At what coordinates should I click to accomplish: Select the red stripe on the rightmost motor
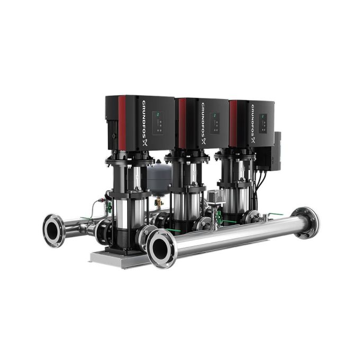233,123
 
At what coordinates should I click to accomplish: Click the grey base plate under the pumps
114,258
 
